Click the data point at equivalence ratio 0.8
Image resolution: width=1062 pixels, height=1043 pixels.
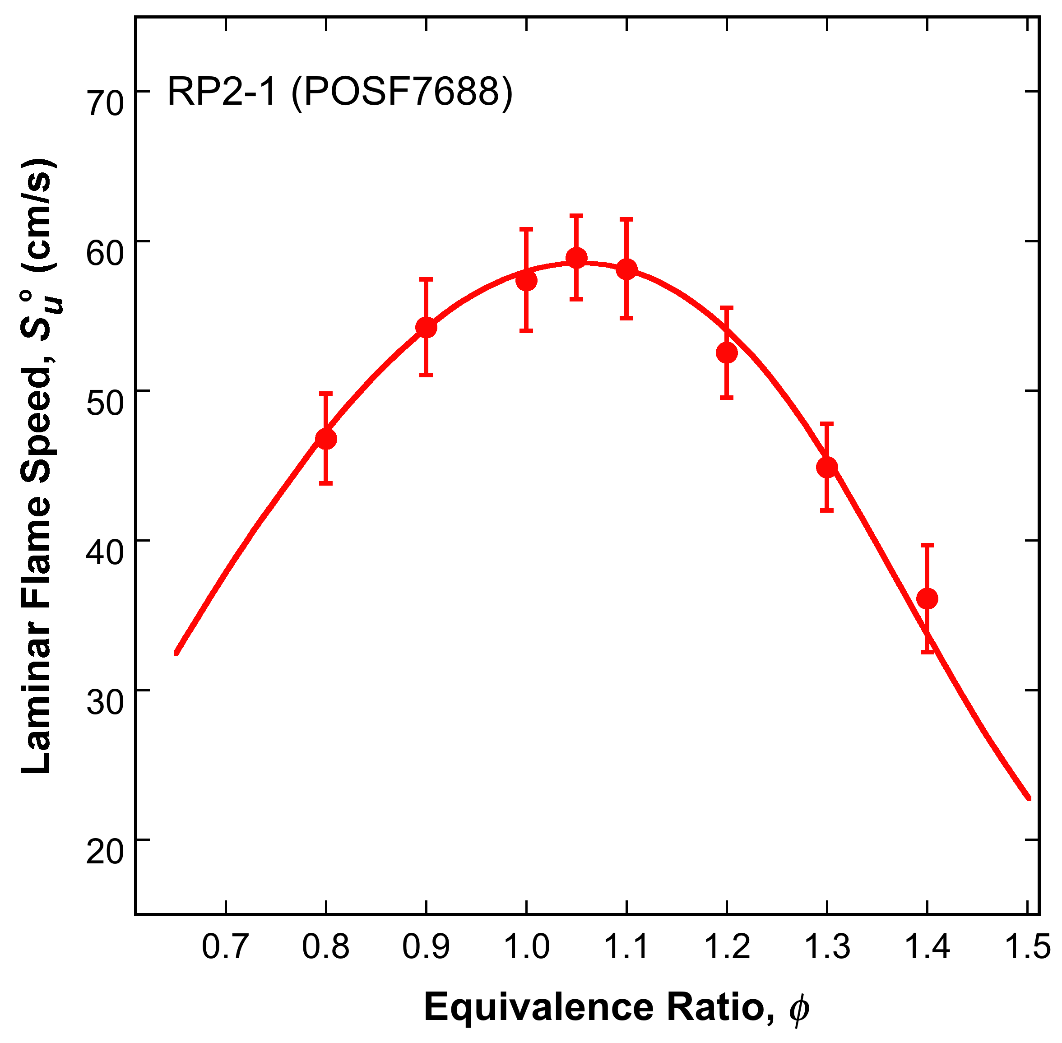[326, 439]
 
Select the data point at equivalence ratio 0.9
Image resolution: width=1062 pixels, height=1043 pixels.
[426, 328]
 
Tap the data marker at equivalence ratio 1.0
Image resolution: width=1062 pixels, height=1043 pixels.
[526, 280]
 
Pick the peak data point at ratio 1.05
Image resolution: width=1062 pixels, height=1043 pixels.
[576, 257]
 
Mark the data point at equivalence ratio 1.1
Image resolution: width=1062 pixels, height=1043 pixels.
[626, 269]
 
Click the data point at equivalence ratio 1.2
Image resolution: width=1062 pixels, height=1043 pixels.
[727, 353]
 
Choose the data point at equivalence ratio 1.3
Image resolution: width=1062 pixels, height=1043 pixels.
[827, 467]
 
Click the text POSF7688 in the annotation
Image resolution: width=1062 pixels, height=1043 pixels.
[402, 92]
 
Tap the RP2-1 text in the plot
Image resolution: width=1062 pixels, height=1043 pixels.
[221, 92]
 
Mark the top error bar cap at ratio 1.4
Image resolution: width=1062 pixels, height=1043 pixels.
[927, 545]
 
